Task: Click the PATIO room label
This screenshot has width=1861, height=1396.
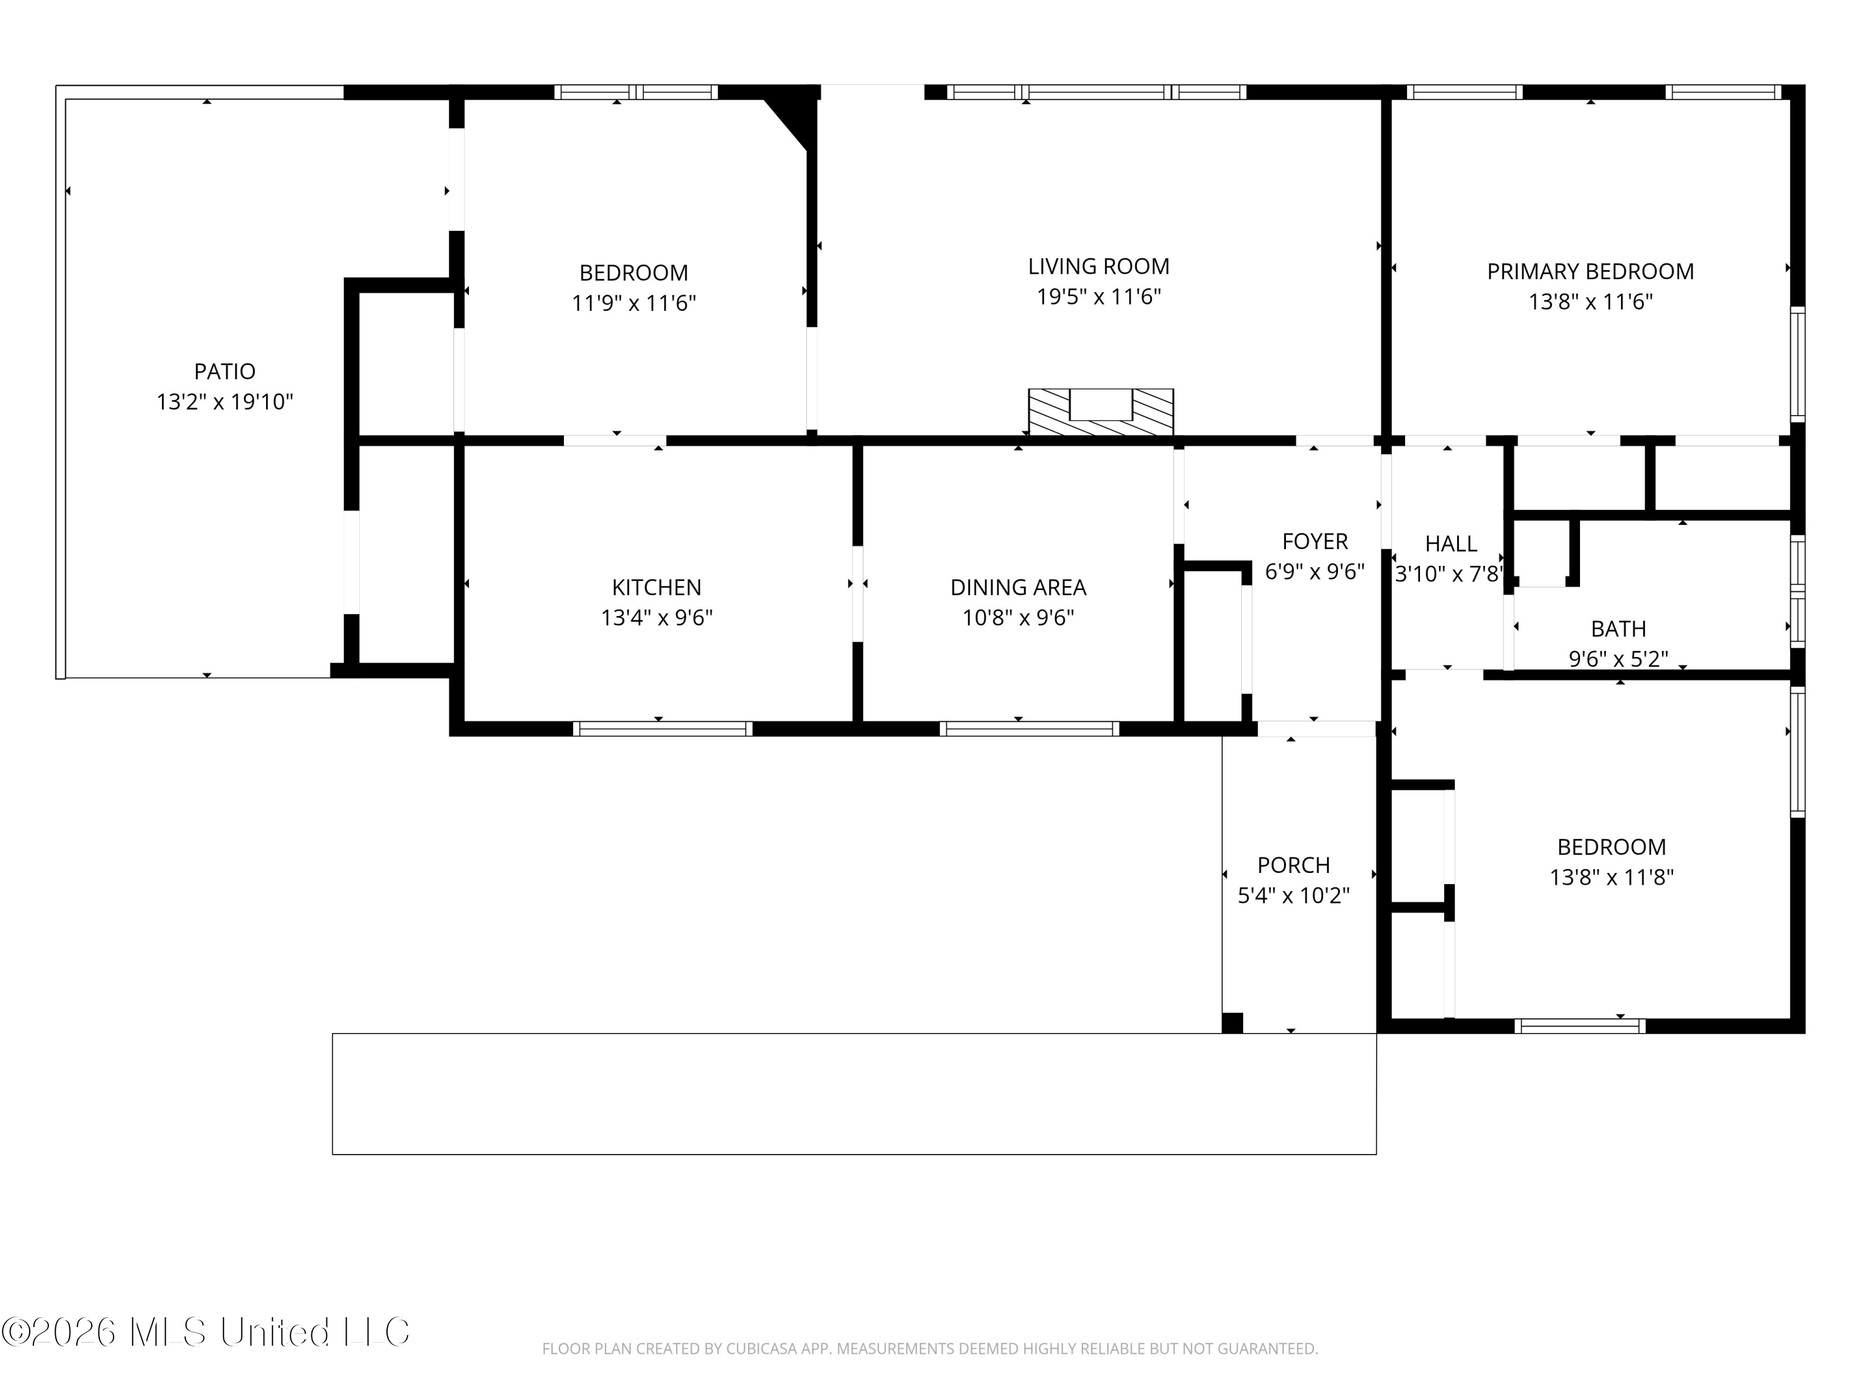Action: point(225,371)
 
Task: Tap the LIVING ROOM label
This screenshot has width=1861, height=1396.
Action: point(1099,267)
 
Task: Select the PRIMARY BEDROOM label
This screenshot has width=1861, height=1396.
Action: point(1590,272)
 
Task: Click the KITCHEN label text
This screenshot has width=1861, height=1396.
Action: point(656,588)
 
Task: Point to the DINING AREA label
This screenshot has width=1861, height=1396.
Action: point(1018,588)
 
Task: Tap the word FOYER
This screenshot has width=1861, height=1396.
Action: point(1315,541)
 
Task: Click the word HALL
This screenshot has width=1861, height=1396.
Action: point(1452,544)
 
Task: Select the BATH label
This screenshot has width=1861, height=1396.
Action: point(1618,629)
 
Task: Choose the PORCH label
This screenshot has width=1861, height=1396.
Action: point(1294,865)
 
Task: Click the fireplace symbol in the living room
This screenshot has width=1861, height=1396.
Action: point(1101,413)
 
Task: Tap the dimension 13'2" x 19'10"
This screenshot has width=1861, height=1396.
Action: point(225,402)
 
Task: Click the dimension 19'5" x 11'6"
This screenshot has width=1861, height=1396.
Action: point(1099,297)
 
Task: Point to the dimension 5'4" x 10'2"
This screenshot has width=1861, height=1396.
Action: point(1294,895)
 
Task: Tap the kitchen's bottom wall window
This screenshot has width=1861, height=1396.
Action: point(663,729)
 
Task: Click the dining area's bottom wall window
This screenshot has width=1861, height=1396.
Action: point(1029,729)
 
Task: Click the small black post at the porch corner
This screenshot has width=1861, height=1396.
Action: point(1233,1022)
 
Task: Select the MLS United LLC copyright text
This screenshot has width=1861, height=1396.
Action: point(205,1332)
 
